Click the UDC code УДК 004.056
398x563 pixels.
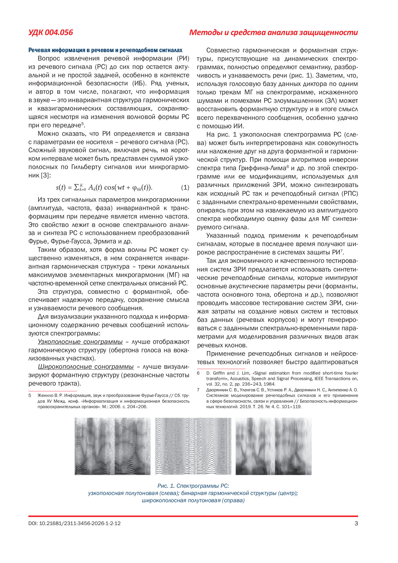pyautogui.click(x=51, y=32)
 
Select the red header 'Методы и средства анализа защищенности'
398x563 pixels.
pyautogui.click(x=273, y=32)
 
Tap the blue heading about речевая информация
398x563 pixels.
pyautogui.click(x=105, y=50)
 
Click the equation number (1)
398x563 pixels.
pyautogui.click(x=185, y=188)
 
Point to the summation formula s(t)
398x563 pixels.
pyautogui.click(x=104, y=188)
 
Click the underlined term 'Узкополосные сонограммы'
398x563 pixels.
pyautogui.click(x=80, y=342)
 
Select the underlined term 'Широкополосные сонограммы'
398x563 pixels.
pyautogui.click(x=86, y=367)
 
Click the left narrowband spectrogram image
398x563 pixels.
pyautogui.click(x=113, y=446)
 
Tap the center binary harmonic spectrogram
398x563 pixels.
pyautogui.click(x=193, y=446)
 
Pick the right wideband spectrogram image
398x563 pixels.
pyautogui.click(x=274, y=446)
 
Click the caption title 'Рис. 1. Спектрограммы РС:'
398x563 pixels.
pyautogui.click(x=193, y=486)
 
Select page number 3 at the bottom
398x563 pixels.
pyautogui.click(x=356, y=523)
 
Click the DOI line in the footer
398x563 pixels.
pyautogui.click(x=74, y=523)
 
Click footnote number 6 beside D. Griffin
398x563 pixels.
pyautogui.click(x=198, y=373)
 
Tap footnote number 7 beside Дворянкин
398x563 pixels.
pyautogui.click(x=198, y=390)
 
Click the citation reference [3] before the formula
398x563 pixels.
pyautogui.click(x=45, y=175)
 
